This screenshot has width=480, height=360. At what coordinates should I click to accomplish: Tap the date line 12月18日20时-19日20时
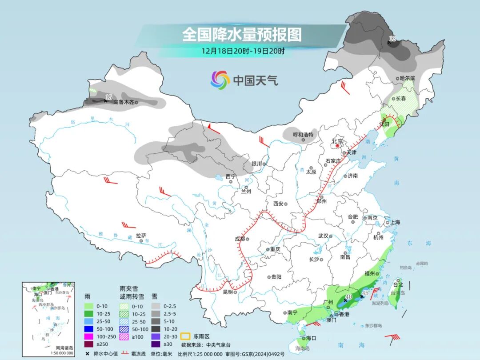[243, 51]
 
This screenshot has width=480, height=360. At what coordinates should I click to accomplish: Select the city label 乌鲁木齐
[123, 102]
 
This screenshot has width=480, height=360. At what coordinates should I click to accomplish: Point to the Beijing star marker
[337, 145]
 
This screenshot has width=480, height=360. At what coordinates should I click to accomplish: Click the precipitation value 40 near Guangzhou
[349, 297]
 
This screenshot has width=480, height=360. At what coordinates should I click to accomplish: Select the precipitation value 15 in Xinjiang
[108, 97]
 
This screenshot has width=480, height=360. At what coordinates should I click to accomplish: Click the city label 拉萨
[141, 236]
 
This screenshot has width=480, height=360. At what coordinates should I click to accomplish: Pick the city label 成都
[240, 239]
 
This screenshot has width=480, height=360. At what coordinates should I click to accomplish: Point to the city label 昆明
[228, 292]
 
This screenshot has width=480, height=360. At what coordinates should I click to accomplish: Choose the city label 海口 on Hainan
[312, 338]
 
